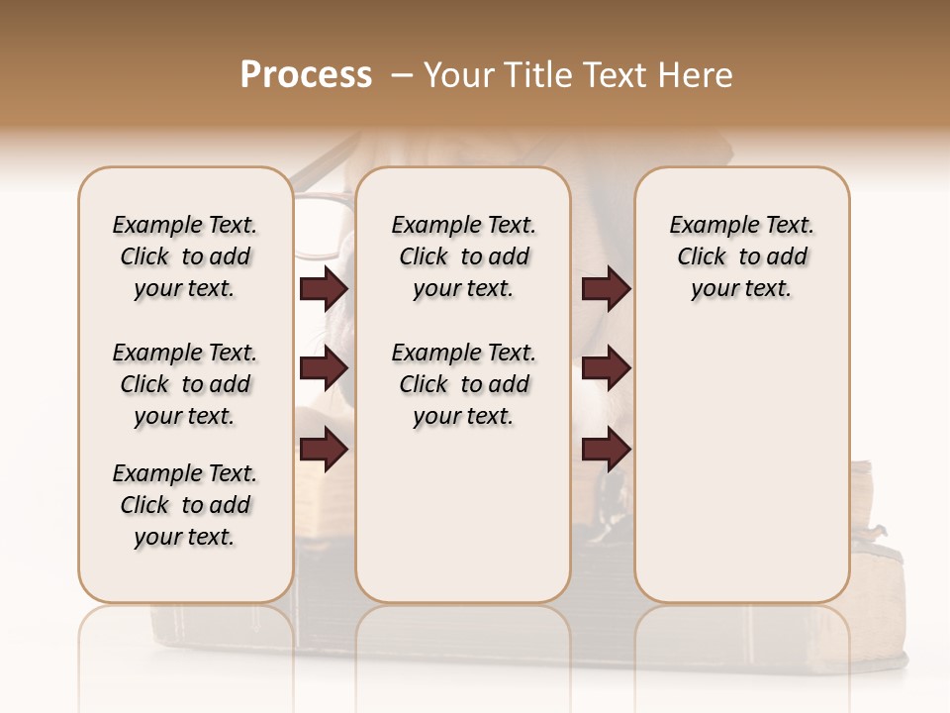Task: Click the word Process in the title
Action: [306, 75]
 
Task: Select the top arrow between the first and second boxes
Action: [324, 289]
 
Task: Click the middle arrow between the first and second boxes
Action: [324, 369]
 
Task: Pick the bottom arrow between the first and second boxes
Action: [324, 450]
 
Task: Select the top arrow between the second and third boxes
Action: [606, 289]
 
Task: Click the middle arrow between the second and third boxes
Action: [606, 369]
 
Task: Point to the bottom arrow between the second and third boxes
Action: [606, 450]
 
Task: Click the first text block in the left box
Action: [185, 256]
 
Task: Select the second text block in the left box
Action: [185, 384]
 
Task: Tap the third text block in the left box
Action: [185, 505]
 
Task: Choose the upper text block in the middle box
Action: [463, 256]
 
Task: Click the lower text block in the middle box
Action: [463, 384]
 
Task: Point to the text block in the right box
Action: [741, 256]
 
